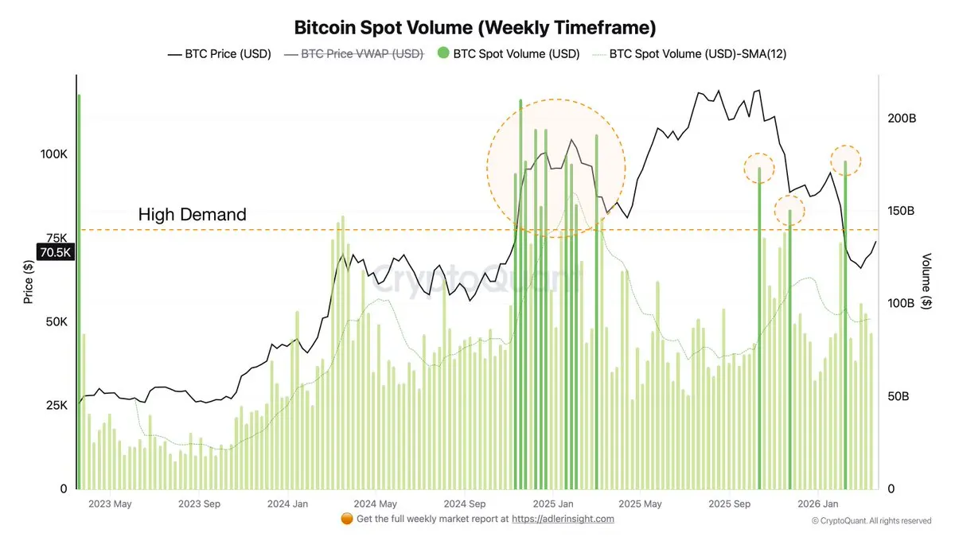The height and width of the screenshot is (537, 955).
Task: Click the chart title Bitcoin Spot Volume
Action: coord(475,28)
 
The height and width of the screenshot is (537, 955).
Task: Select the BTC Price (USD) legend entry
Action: coord(219,54)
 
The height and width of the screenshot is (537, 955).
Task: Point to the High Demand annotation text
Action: coord(192,214)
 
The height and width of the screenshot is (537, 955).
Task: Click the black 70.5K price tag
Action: coord(56,253)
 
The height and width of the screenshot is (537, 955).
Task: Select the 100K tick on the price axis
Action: coord(53,154)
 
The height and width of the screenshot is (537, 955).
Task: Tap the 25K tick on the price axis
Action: coord(56,405)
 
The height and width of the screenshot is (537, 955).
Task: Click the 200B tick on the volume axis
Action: coord(902,118)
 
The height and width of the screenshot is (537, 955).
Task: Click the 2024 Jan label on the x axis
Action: coord(287,504)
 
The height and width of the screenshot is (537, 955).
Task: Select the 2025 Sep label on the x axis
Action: coord(730,504)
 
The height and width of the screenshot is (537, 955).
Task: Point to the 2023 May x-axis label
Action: coord(110,504)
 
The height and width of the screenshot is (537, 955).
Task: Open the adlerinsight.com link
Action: coord(563,519)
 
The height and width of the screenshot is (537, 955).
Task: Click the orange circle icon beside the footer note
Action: coord(346,519)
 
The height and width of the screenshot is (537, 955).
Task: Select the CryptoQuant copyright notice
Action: coord(871,520)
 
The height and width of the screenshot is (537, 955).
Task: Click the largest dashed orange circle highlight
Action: coord(556,168)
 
